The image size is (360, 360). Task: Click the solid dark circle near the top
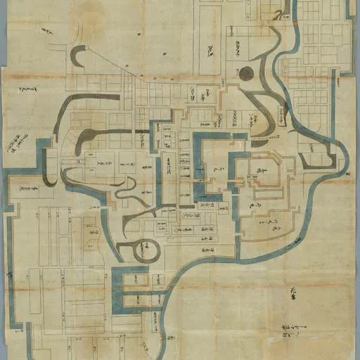245,73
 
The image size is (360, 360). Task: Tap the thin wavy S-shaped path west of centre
125,188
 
